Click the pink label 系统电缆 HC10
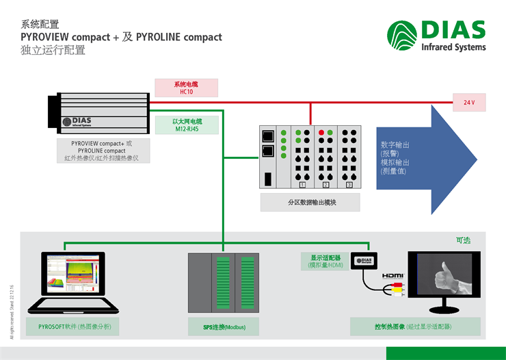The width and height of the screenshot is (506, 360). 187,88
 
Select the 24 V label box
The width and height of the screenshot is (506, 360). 468,103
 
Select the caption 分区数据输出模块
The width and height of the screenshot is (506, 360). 310,203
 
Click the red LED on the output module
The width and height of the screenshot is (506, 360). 321,132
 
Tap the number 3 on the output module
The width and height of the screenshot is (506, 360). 349,185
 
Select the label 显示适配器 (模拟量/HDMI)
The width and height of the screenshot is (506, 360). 322,261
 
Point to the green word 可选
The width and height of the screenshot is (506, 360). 463,240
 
